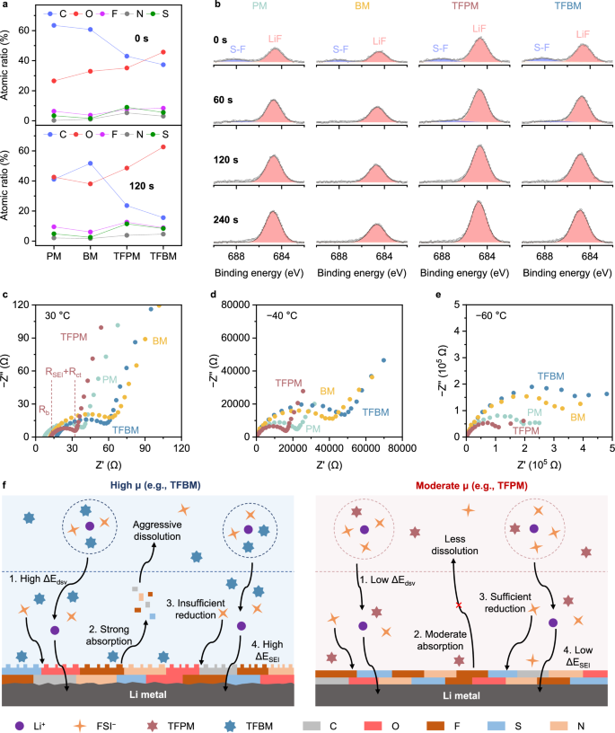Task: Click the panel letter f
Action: click(6, 491)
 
